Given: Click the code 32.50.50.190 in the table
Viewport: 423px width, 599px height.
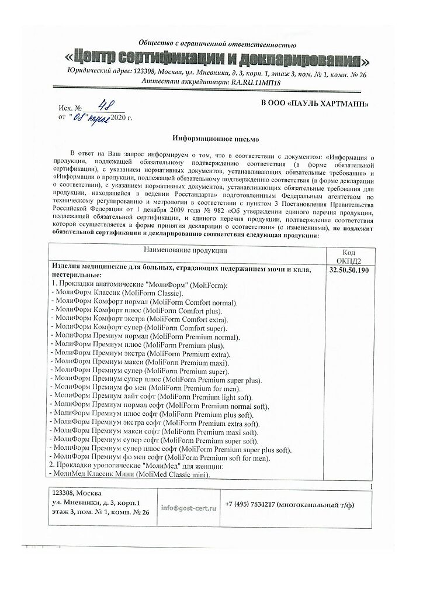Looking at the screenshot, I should (x=349, y=271).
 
